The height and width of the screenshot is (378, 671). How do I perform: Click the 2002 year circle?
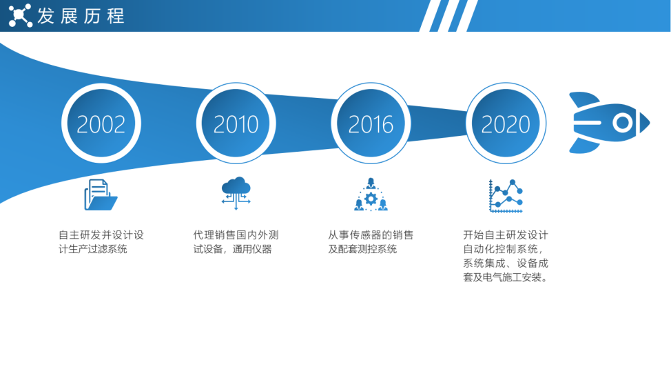click(x=101, y=123)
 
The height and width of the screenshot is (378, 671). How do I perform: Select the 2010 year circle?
click(x=236, y=123)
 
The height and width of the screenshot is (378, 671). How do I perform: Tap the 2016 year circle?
click(x=371, y=123)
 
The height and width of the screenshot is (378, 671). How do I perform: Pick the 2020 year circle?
click(x=506, y=123)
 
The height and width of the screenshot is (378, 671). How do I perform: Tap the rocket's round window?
click(x=622, y=123)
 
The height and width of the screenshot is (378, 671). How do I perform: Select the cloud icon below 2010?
click(x=236, y=192)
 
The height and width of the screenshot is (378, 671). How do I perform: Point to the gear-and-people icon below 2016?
click(x=371, y=195)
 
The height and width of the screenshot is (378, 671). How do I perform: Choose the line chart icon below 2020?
click(x=506, y=196)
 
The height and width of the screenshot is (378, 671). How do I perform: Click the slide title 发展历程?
click(x=81, y=16)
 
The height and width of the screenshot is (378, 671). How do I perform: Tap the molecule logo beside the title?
click(x=20, y=15)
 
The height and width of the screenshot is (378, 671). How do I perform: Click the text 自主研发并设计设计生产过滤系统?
click(x=101, y=242)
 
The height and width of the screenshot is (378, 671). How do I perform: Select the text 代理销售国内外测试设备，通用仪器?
click(x=236, y=242)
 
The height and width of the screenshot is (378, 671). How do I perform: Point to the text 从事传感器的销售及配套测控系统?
click(x=371, y=242)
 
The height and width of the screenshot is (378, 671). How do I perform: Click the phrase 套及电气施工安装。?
click(x=506, y=277)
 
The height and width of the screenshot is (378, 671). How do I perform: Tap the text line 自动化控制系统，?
click(x=503, y=249)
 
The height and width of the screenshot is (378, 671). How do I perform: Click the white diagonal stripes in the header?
click(x=448, y=16)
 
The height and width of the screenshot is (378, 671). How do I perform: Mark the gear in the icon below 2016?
click(x=371, y=199)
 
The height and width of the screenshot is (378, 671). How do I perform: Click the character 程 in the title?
click(x=116, y=16)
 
